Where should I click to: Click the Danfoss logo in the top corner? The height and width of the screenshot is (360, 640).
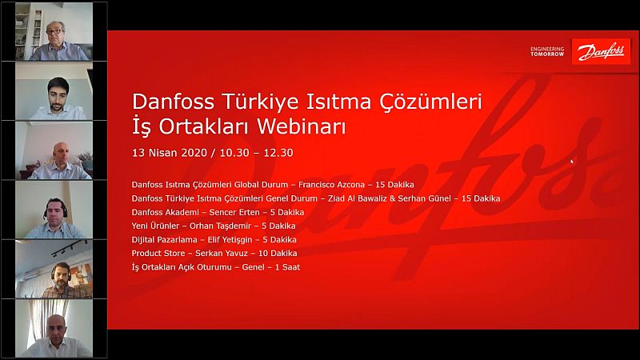(x=601, y=51)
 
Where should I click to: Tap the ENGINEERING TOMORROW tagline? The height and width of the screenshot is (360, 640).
(x=547, y=51)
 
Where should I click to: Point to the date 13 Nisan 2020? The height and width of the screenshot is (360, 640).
(x=170, y=153)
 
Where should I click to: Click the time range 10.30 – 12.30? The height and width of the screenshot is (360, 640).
(x=256, y=153)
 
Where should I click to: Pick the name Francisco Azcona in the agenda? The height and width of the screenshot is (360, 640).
(x=331, y=185)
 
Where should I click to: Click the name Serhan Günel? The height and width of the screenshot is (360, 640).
(x=425, y=198)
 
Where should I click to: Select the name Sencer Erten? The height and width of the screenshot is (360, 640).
(x=234, y=212)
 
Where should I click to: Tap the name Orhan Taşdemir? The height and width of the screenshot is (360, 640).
(x=220, y=226)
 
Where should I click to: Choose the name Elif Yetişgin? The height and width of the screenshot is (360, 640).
(x=230, y=240)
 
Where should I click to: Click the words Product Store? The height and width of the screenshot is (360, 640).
(x=158, y=254)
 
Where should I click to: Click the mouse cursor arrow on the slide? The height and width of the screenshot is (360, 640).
(x=572, y=162)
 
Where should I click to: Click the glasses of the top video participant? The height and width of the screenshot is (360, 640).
(x=54, y=31)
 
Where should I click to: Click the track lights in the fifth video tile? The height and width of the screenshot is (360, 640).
(x=69, y=248)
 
